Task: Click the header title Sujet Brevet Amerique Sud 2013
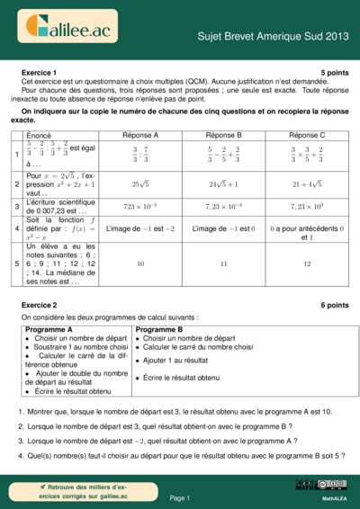click(273, 38)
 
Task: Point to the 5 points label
click(334, 72)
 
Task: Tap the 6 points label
click(334, 306)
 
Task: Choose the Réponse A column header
click(140, 135)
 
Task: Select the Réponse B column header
click(224, 135)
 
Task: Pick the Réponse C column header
click(307, 135)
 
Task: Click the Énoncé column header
click(39, 135)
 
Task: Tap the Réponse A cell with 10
click(140, 264)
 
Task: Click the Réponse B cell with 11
click(224, 264)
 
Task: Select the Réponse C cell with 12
click(307, 264)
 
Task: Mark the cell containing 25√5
click(140, 183)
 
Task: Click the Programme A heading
click(49, 330)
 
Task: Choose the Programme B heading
click(158, 330)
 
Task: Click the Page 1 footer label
click(179, 497)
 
